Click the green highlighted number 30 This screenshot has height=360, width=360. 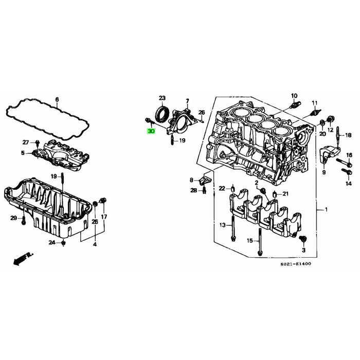[x=151, y=131]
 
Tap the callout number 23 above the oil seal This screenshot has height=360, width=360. [x=162, y=98]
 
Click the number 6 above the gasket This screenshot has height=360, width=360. [x=57, y=99]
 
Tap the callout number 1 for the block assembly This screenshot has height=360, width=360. [x=325, y=210]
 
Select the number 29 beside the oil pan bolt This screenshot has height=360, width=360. [x=13, y=219]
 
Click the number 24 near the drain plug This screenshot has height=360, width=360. [x=52, y=242]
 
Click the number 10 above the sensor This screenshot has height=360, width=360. [x=294, y=96]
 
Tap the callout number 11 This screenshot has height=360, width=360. [x=314, y=102]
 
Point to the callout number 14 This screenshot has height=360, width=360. [x=348, y=184]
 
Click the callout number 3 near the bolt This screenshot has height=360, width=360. [x=303, y=249]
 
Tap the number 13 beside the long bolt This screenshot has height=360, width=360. [x=222, y=225]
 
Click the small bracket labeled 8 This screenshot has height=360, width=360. [x=205, y=181]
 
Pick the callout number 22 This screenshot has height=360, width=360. [x=222, y=188]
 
